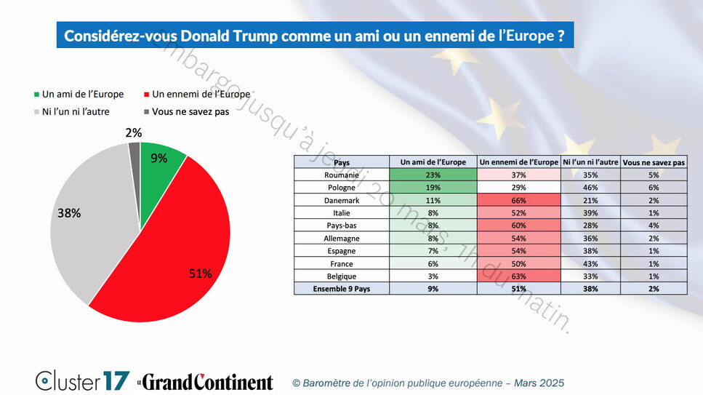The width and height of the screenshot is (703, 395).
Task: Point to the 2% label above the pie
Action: click(134, 132)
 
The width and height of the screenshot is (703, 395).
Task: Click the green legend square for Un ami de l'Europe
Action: click(37, 95)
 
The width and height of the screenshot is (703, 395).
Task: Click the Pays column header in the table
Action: click(341, 162)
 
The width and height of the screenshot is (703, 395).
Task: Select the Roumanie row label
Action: click(341, 175)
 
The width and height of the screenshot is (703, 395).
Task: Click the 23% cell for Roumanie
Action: click(433, 175)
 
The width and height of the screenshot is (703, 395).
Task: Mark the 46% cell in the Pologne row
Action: click(590, 188)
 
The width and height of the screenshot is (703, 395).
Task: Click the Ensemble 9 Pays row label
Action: click(341, 289)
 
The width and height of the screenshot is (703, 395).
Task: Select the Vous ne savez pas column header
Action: click(654, 162)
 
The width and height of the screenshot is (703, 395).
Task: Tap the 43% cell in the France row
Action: click(590, 263)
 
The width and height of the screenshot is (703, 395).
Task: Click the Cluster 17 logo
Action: click(82, 380)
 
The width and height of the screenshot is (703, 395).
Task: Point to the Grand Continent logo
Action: click(206, 381)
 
